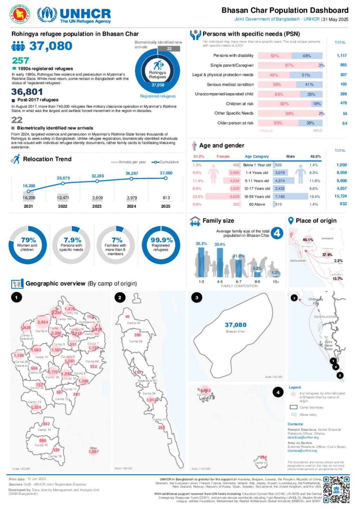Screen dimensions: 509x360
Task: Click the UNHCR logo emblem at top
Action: pyautogui.click(x=47, y=14)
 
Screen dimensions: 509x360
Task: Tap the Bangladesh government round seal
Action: pyautogui.click(x=20, y=14)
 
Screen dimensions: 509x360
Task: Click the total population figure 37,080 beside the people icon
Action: pyautogui.click(x=51, y=46)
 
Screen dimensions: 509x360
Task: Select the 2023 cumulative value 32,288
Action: pyautogui.click(x=98, y=176)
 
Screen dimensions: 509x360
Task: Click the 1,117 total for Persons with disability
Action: pyautogui.click(x=341, y=56)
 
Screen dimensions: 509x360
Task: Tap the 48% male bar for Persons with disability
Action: pyautogui.click(x=307, y=56)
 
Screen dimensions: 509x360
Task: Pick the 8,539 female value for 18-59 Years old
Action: pyautogui.click(x=234, y=196)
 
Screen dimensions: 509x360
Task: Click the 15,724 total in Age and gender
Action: pyautogui.click(x=340, y=196)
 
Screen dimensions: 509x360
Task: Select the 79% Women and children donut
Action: pyautogui.click(x=28, y=245)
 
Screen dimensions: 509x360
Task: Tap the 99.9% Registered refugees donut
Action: pyautogui.click(x=161, y=245)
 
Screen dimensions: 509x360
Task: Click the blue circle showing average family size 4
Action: pyautogui.click(x=277, y=233)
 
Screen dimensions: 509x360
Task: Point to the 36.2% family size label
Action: pyautogui.click(x=201, y=244)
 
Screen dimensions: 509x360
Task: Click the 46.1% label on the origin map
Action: pyautogui.click(x=308, y=240)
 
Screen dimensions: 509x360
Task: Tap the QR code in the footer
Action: pyautogui.click(x=336, y=490)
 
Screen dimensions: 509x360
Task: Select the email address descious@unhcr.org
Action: pyautogui.click(x=303, y=438)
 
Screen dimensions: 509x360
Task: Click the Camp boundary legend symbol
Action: pyautogui.click(x=293, y=407)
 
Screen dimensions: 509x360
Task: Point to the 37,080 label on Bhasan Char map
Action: pyautogui.click(x=236, y=325)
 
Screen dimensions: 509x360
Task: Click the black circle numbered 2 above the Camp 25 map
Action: pyautogui.click(x=120, y=298)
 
